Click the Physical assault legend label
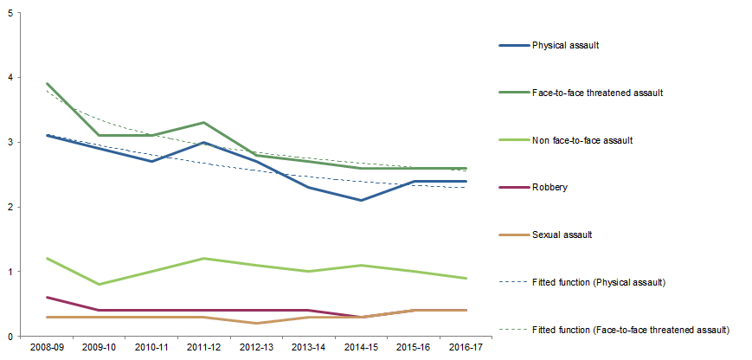564,46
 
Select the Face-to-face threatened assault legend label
598,93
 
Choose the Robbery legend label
550,186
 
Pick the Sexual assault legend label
562,234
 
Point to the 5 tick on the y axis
9,13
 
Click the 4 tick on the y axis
9,78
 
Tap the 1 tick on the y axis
9,272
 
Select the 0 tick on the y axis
9,337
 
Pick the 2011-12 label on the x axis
204,347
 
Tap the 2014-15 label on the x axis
361,347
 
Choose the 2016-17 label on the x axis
466,347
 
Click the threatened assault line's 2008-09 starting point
47,84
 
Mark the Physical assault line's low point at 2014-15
361,200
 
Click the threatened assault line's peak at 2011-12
204,123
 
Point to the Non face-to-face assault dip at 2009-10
100,285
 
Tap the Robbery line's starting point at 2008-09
47,298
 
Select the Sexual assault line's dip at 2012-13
256,324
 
